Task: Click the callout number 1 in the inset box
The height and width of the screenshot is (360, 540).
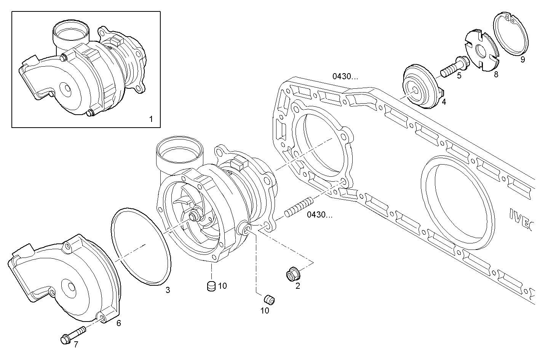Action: tap(151, 119)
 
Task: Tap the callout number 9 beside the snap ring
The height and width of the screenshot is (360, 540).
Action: tap(522, 60)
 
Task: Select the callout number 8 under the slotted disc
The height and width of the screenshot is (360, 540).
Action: tap(496, 74)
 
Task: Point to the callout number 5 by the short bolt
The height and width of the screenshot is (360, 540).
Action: tap(459, 75)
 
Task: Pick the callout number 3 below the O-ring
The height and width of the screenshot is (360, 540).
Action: tap(168, 290)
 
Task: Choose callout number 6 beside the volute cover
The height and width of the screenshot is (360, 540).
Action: tap(118, 323)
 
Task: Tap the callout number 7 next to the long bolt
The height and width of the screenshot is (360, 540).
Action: tap(76, 345)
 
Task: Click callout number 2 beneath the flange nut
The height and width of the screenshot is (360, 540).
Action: tap(298, 286)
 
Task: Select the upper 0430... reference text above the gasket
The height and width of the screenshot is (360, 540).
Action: tap(345, 76)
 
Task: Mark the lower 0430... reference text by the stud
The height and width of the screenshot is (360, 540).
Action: tap(320, 214)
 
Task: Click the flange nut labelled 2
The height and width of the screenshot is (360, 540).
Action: tap(293, 274)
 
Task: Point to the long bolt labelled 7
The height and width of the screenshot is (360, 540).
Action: tap(74, 334)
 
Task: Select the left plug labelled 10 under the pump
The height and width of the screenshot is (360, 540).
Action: tap(211, 286)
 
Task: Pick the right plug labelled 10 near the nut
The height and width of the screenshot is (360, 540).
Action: tap(270, 299)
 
